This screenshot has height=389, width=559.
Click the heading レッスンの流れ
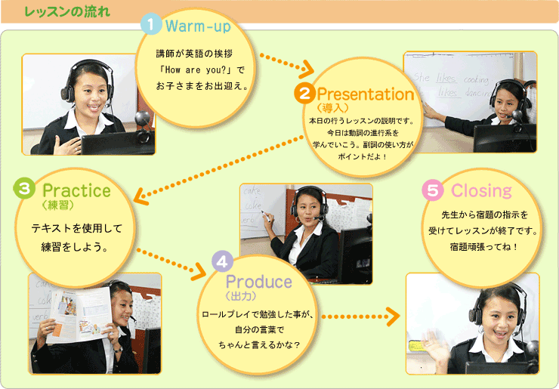67,12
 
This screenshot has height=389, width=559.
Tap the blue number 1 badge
151,24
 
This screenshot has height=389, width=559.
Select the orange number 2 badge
304,94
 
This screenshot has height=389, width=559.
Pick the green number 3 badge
24,188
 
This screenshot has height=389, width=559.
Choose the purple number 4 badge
222,262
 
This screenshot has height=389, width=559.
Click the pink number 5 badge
432,190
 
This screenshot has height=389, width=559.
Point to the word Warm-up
198,26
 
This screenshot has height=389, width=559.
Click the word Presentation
366,94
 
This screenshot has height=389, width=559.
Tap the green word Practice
76,190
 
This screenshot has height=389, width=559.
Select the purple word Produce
259,282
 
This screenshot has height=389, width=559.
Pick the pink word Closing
481,191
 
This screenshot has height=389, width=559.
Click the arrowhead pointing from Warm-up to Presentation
306,70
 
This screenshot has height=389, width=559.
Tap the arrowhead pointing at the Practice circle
141,196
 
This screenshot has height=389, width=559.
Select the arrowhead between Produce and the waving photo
394,316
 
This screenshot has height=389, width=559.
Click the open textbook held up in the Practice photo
80,313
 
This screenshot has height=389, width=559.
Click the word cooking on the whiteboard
476,80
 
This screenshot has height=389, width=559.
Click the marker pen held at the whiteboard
265,215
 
